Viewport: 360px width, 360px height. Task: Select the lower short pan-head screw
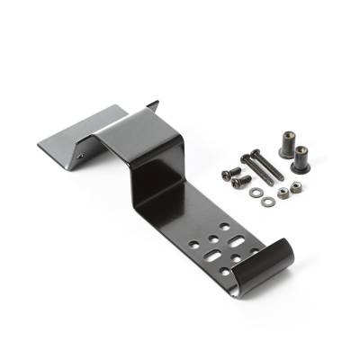point(237,182)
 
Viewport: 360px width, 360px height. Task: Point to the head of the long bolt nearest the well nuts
point(256,153)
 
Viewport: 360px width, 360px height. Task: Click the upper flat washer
point(255,192)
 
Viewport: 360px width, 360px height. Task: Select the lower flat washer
point(267,202)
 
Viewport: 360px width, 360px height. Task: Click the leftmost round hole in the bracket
point(194,243)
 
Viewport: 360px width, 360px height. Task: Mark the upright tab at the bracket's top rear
point(149,107)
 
